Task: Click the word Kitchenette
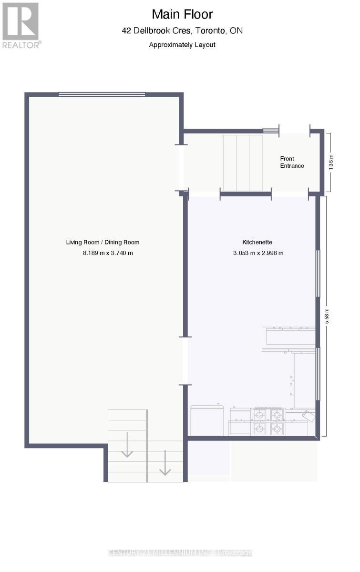(x=257, y=242)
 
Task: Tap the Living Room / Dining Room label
(x=103, y=242)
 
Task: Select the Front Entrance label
(x=292, y=162)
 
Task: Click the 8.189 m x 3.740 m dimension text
(x=108, y=253)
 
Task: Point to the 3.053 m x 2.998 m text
(x=258, y=253)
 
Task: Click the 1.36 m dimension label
(x=331, y=162)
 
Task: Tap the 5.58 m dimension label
(x=327, y=316)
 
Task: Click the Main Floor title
(x=182, y=14)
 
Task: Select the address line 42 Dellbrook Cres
(x=182, y=31)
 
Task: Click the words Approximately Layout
(x=182, y=45)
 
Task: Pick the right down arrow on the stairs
(x=165, y=463)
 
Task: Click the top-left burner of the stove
(x=260, y=413)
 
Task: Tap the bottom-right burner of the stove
(x=277, y=429)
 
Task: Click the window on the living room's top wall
(x=102, y=94)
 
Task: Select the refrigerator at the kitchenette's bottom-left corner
(x=207, y=420)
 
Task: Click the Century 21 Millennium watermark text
(x=180, y=553)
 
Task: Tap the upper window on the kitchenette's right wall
(x=318, y=274)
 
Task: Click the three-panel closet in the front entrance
(x=243, y=162)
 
